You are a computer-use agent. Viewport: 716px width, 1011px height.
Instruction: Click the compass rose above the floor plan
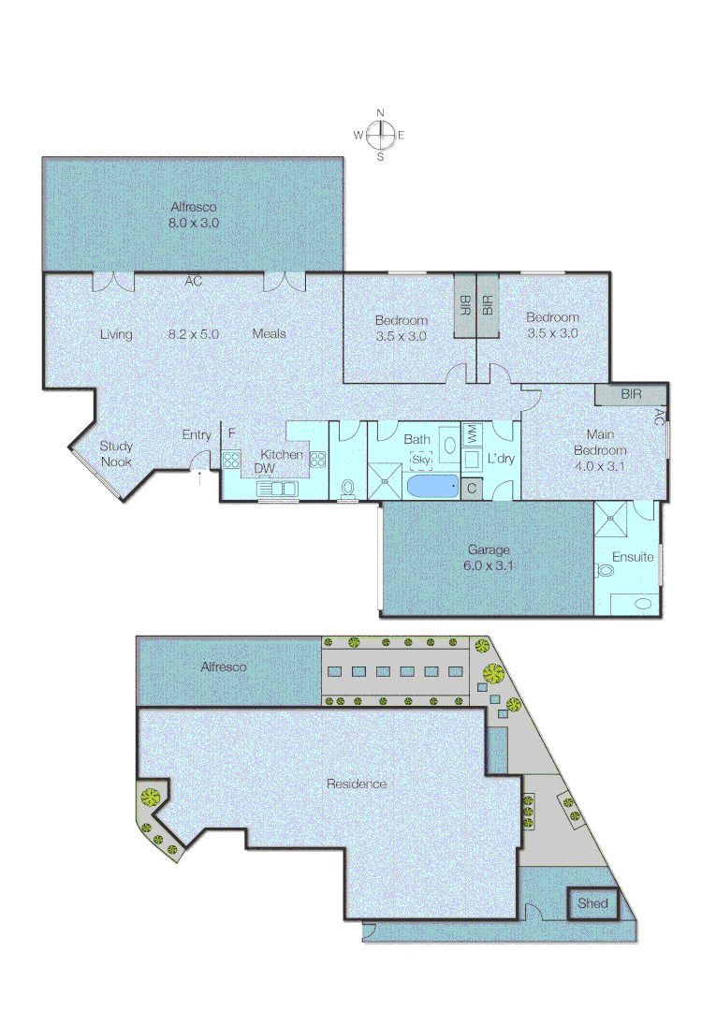tap(380, 136)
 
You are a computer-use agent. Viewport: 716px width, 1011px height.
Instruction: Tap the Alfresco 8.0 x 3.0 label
tap(194, 215)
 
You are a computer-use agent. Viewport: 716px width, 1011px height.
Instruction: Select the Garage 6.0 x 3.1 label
tap(490, 558)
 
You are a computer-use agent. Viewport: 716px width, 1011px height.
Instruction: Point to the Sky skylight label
tap(421, 460)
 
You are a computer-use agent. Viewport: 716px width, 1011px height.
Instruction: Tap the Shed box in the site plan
tap(592, 903)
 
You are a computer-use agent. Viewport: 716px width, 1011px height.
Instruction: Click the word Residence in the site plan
tap(356, 784)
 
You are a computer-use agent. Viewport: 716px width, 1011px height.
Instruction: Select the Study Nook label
tap(116, 453)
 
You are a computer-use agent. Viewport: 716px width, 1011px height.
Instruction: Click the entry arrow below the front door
tap(198, 476)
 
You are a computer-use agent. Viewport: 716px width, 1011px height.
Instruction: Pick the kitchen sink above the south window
tap(278, 488)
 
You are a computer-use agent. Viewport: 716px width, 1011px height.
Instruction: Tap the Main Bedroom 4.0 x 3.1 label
tap(606, 450)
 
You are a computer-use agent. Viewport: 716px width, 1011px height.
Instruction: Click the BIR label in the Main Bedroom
tap(632, 395)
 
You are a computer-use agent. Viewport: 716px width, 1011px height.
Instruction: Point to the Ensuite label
tap(633, 557)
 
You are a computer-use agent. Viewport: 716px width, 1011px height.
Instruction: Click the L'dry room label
tap(501, 459)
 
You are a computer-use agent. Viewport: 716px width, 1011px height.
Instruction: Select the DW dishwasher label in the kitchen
tap(265, 468)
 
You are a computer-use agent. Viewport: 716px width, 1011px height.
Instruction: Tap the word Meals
tap(269, 333)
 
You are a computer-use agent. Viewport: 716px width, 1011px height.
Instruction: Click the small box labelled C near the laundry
tap(472, 487)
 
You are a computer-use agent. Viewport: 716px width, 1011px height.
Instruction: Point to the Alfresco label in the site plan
tap(224, 667)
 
